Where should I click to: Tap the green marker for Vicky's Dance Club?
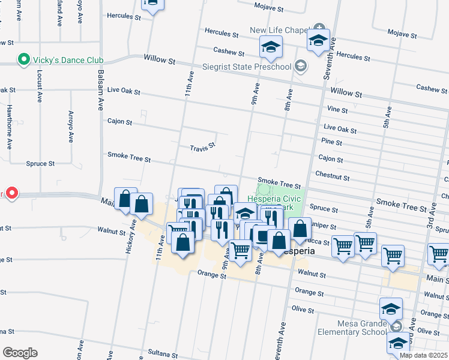point(23,60)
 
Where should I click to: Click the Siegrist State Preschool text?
point(255,66)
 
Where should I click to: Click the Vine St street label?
point(338,110)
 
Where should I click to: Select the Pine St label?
point(332,143)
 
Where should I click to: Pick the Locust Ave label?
point(40,87)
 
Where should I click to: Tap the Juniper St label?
point(324,226)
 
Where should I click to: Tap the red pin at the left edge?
point(12,193)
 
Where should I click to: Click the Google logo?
point(19,353)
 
